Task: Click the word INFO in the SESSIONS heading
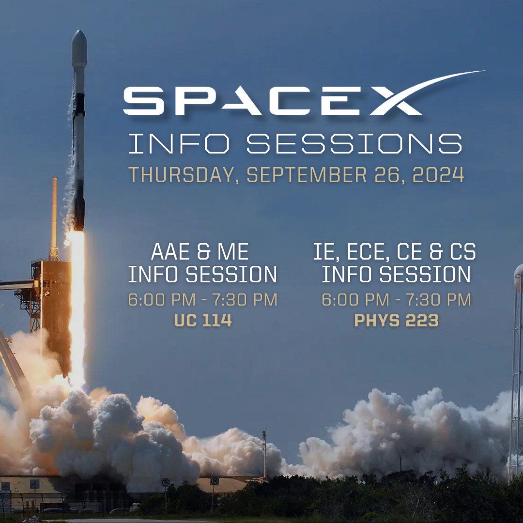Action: pos(179,144)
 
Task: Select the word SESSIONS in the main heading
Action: pos(354,144)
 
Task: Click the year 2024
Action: pos(438,174)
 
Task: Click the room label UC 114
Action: pos(203,321)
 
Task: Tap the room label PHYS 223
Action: pos(396,321)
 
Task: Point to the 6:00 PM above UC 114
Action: pos(162,300)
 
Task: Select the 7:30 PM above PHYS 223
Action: pos(438,300)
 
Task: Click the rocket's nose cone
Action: pos(79,45)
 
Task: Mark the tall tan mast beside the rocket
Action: pos(54,217)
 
